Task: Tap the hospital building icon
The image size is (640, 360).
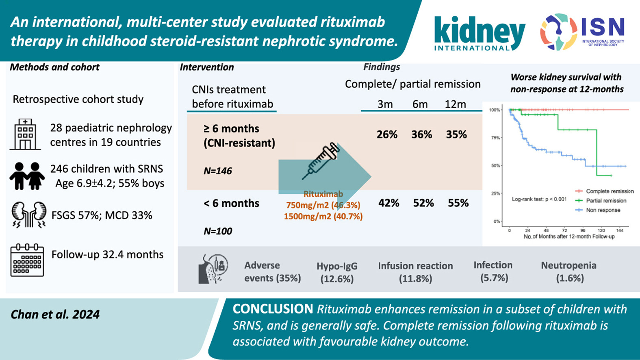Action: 25,134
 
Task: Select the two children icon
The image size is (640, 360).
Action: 27,176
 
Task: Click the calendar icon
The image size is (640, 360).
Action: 27,260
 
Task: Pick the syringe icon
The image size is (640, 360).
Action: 321,161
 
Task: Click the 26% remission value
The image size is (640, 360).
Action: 387,135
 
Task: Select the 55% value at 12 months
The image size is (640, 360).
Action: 458,203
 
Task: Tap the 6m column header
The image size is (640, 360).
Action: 420,104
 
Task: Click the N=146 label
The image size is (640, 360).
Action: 218,171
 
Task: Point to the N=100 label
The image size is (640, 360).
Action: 218,231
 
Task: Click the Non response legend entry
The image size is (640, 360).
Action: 603,210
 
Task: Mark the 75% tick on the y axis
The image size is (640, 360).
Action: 495,138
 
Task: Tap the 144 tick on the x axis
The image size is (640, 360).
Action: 620,230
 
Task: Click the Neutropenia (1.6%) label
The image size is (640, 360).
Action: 568,271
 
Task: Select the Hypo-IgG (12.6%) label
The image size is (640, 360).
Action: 337,272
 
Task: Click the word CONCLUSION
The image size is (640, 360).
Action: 273,309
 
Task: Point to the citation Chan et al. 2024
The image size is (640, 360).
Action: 55,314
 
